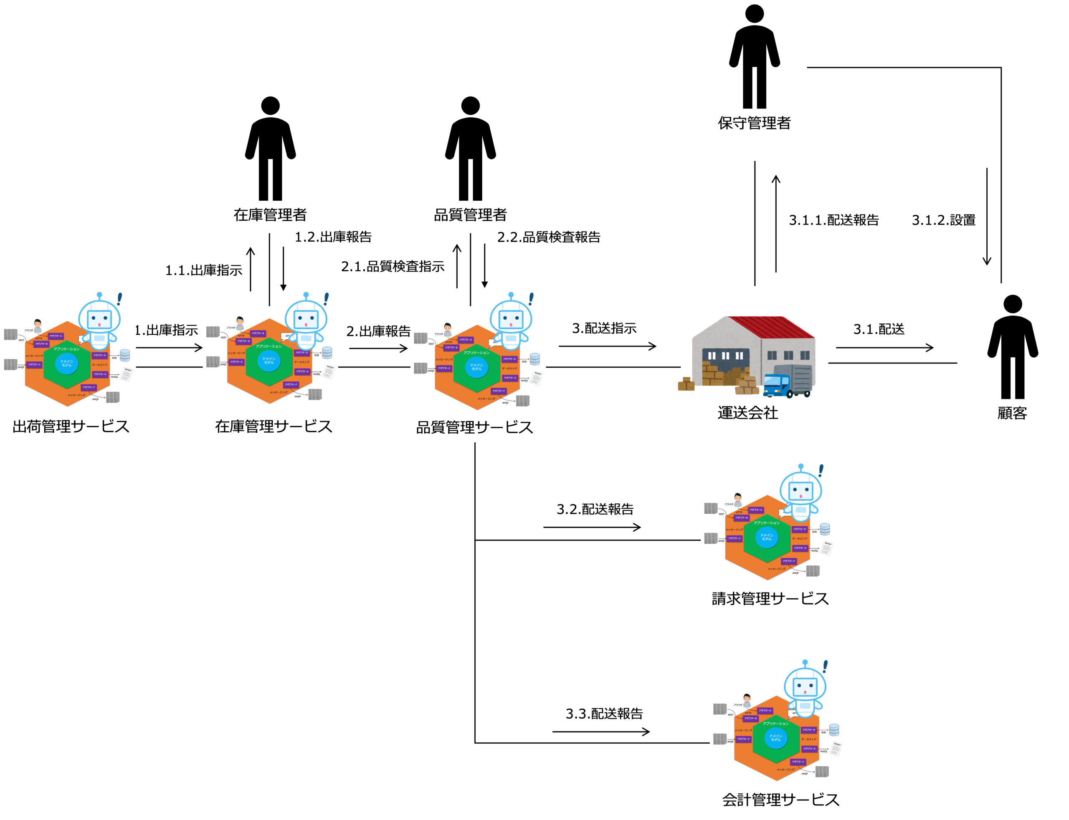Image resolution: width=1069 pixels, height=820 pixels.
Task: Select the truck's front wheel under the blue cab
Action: pos(789,394)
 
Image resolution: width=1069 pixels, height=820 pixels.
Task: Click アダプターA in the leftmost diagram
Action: pos(56,336)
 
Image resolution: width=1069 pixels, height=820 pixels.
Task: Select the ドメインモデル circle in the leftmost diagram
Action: pos(66,363)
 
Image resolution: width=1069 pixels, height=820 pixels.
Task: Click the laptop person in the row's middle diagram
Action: pos(240,323)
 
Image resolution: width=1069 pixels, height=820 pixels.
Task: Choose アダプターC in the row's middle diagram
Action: pos(236,362)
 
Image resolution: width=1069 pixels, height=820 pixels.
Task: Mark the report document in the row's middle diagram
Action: pos(329,371)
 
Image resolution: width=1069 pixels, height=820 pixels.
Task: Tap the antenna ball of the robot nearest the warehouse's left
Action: pos(511,295)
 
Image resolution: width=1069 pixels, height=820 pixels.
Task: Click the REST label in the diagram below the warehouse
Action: pos(721,514)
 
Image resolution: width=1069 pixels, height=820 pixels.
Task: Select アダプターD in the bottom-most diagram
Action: pos(809,730)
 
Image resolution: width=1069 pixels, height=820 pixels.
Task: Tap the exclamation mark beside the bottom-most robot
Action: pos(825,666)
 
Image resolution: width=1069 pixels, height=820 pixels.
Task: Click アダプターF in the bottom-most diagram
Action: pos(798,762)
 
